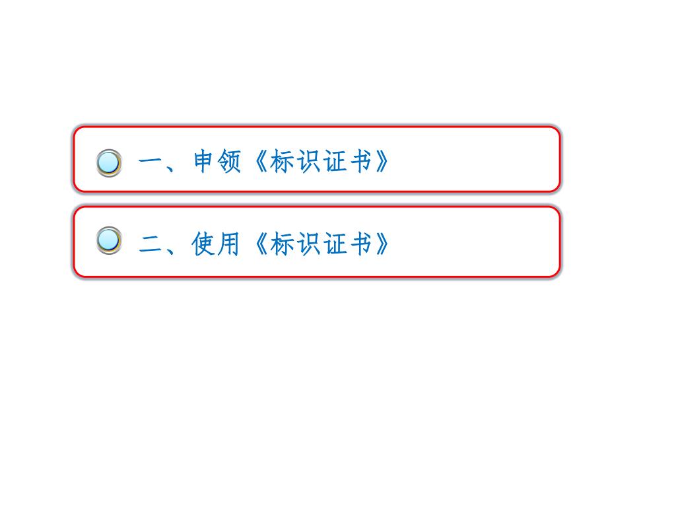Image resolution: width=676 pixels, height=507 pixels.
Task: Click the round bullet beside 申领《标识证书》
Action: click(x=109, y=163)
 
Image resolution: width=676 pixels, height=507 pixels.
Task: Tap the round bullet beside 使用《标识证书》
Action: click(x=109, y=240)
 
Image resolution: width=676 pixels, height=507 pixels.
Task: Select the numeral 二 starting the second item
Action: click(x=152, y=245)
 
